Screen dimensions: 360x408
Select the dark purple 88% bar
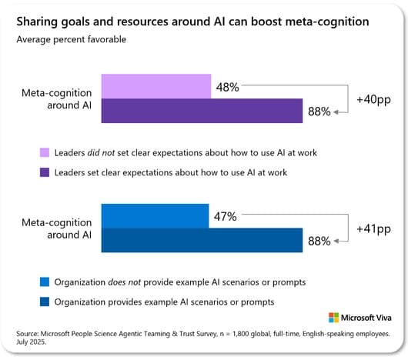pyautogui.click(x=202, y=112)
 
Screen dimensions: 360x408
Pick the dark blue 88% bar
pyautogui.click(x=202, y=241)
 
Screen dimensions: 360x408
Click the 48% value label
pyautogui.click(x=227, y=87)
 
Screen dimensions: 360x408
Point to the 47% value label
pyautogui.click(x=225, y=216)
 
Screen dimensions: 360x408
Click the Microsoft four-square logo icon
pyautogui.click(x=333, y=318)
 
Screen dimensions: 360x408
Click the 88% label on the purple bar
pyautogui.click(x=319, y=112)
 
